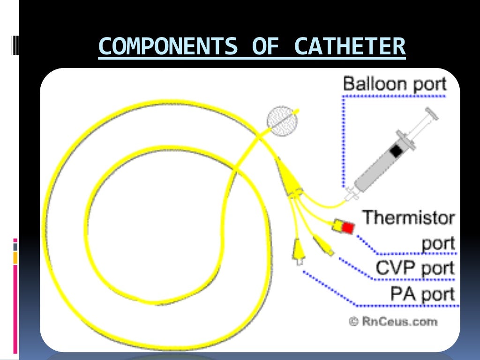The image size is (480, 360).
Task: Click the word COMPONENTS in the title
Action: pos(167,46)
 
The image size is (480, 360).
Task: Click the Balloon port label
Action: pos(395,84)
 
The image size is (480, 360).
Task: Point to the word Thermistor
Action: pos(408,217)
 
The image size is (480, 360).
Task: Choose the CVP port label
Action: pos(415,268)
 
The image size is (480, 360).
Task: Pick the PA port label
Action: pos(422,294)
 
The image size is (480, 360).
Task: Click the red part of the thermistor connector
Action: pos(348,227)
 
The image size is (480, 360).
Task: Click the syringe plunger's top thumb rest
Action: pos(432,112)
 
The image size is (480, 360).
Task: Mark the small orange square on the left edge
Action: pos(15,257)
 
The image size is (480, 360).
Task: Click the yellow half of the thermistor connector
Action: pos(337,225)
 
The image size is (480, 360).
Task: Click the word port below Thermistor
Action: pos(438,243)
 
